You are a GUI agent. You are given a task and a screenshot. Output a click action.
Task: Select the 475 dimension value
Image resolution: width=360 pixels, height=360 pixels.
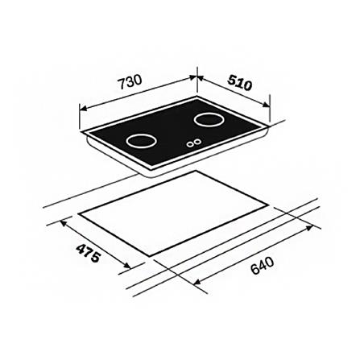pos(89,254)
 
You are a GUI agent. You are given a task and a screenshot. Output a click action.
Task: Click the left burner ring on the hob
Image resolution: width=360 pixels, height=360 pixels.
pos(143,141)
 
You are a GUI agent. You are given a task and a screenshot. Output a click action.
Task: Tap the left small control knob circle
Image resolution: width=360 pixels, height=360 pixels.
pos(191,145)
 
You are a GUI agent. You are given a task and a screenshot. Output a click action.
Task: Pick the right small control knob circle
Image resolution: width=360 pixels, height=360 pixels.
pos(198,143)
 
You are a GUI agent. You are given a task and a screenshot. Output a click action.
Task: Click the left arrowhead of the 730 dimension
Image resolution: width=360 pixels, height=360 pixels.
pos(81,106)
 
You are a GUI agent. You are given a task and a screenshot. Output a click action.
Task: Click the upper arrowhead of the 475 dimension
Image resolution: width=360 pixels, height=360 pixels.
pos(60,222)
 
